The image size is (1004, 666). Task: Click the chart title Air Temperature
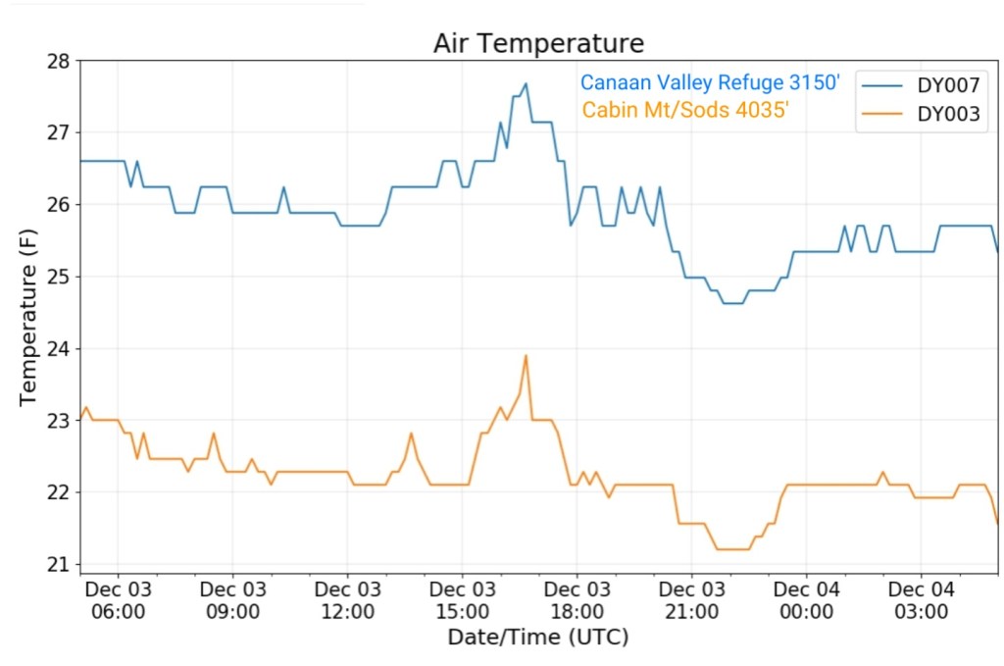[538, 44]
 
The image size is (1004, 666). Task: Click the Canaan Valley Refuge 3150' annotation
[710, 83]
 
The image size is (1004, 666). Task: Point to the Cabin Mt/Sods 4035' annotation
[685, 110]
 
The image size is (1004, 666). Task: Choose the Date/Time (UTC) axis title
[537, 638]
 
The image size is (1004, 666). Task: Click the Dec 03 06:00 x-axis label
[118, 600]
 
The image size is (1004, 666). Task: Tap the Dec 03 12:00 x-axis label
[347, 600]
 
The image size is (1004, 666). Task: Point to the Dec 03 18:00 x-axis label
[577, 600]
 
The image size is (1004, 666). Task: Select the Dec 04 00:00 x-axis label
[806, 600]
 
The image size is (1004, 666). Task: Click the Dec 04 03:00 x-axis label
[921, 600]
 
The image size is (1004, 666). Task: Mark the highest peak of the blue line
[526, 83]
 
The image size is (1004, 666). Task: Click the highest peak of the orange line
[526, 355]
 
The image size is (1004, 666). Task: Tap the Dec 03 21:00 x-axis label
[691, 600]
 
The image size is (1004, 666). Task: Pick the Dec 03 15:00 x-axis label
[462, 600]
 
